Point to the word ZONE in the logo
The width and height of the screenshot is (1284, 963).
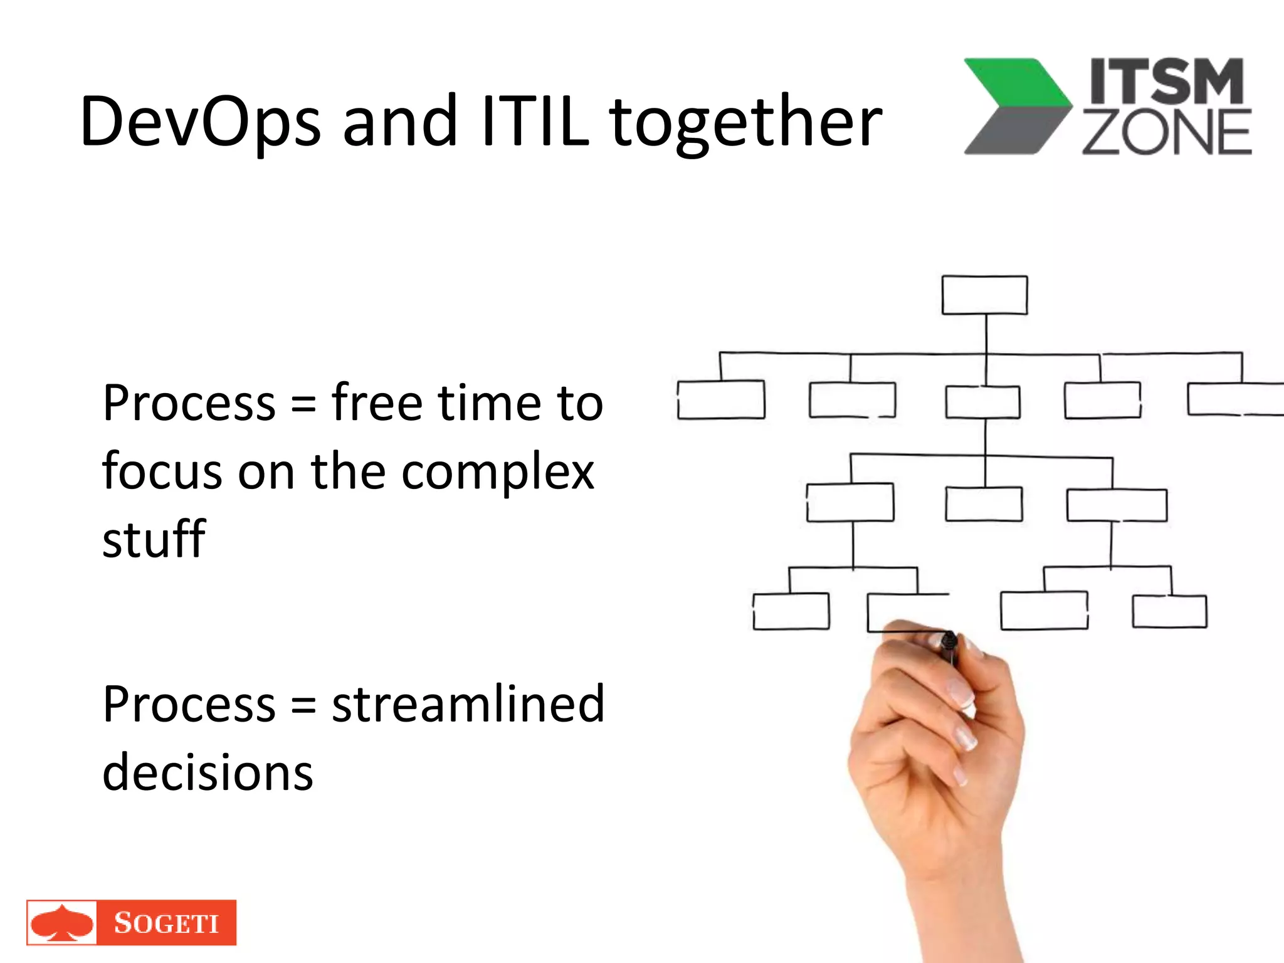click(1166, 133)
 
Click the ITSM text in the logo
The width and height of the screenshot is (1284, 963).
click(1166, 82)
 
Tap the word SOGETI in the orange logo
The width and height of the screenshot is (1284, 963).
click(166, 923)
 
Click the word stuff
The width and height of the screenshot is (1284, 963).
click(154, 540)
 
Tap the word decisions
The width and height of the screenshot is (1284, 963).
click(207, 773)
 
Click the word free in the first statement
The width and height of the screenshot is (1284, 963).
click(377, 403)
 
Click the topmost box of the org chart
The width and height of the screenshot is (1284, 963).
click(984, 295)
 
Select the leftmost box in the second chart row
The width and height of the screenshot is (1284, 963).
click(721, 399)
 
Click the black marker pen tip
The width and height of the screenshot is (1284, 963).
click(949, 641)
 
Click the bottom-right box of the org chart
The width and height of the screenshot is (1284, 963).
click(1169, 611)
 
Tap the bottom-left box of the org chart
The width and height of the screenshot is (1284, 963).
click(791, 611)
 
